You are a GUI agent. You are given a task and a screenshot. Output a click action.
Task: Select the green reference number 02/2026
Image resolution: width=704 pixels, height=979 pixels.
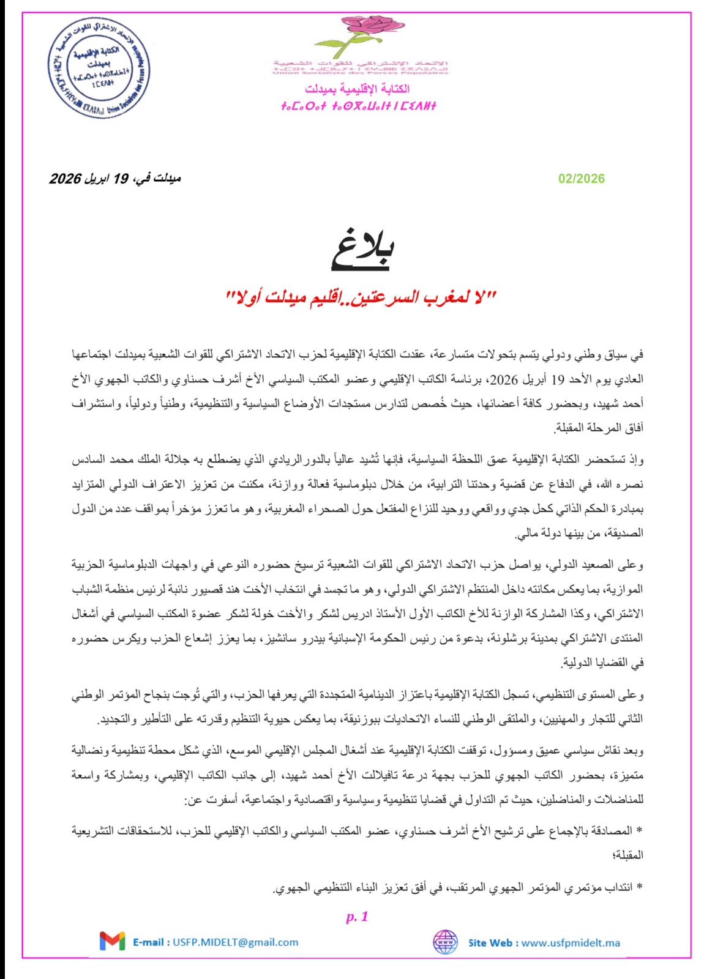coord(581,179)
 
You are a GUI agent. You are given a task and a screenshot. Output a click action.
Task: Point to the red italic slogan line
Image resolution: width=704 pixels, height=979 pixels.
coord(361,298)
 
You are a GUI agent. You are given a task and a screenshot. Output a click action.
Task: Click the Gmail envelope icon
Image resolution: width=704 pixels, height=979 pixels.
coord(112,941)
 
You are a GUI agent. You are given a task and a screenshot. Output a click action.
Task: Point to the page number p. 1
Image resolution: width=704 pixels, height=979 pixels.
coord(357,916)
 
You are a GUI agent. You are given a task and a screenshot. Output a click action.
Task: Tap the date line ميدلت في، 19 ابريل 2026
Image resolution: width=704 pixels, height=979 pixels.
coord(115,179)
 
